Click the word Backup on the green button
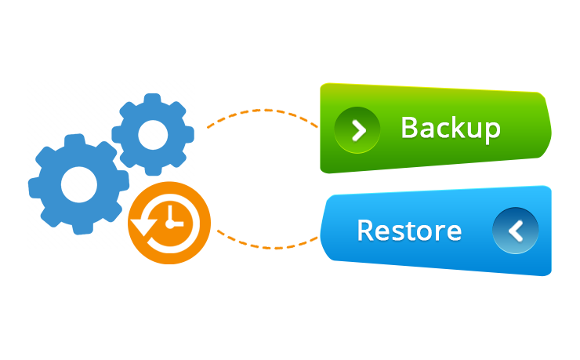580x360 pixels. (x=450, y=128)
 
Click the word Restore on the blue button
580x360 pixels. (x=408, y=231)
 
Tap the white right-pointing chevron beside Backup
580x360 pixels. (x=357, y=129)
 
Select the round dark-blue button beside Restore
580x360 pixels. (x=515, y=231)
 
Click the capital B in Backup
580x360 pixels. (x=410, y=128)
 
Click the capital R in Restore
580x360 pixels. (x=365, y=231)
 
